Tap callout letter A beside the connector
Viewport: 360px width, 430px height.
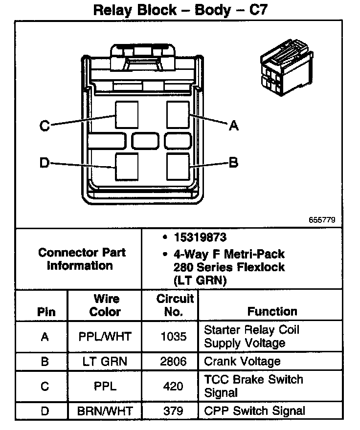pyautogui.click(x=234, y=126)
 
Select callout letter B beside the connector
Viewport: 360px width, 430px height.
pyautogui.click(x=234, y=162)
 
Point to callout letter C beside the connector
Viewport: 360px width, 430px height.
pyautogui.click(x=45, y=126)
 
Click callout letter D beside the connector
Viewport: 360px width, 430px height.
pyautogui.click(x=45, y=163)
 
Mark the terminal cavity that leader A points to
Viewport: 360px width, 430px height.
pyautogui.click(x=178, y=114)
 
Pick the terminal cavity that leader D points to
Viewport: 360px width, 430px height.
pyautogui.click(x=127, y=167)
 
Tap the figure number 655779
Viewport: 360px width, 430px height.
pyautogui.click(x=322, y=220)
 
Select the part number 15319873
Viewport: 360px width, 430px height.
pyautogui.click(x=200, y=238)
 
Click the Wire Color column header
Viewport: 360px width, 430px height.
pyautogui.click(x=106, y=305)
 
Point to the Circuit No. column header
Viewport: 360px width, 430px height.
pyautogui.click(x=175, y=305)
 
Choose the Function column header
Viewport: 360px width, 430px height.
pyautogui.click(x=272, y=311)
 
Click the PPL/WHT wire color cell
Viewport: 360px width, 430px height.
pyautogui.click(x=105, y=336)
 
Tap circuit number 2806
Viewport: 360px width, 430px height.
pyautogui.click(x=174, y=361)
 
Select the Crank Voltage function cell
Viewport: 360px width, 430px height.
pyautogui.click(x=242, y=361)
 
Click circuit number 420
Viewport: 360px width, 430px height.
pyautogui.click(x=174, y=386)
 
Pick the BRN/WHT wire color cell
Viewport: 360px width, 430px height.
pyautogui.click(x=105, y=410)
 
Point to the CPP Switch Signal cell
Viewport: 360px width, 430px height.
pyautogui.click(x=254, y=410)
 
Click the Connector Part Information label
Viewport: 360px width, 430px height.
pyautogui.click(x=82, y=259)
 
